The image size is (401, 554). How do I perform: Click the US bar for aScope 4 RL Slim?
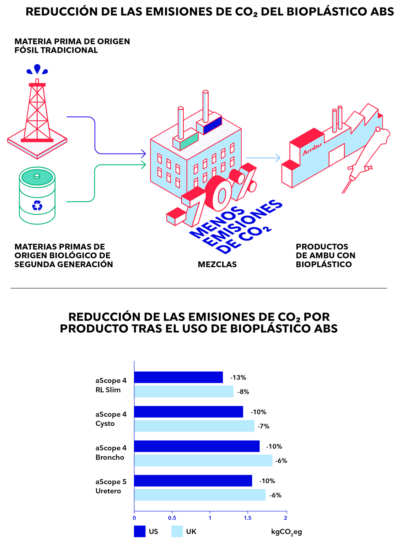pyautogui.click(x=179, y=377)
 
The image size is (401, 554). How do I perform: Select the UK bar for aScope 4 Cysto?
pyautogui.click(x=194, y=426)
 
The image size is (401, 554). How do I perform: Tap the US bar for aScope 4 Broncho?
pyautogui.click(x=197, y=446)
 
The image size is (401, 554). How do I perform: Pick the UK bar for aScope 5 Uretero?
pyautogui.click(x=200, y=495)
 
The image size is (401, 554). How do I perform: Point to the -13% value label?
pyautogui.click(x=238, y=378)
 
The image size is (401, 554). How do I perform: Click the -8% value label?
pyautogui.click(x=243, y=392)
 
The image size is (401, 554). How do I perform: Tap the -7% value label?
pyautogui.click(x=264, y=426)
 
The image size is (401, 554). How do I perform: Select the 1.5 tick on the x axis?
pyautogui.click(x=248, y=518)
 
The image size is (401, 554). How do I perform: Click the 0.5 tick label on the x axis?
pyautogui.click(x=172, y=518)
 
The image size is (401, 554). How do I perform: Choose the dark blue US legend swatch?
pyautogui.click(x=140, y=531)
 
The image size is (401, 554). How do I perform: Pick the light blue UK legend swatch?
pyautogui.click(x=177, y=531)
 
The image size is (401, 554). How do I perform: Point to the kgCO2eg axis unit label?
pyautogui.click(x=286, y=532)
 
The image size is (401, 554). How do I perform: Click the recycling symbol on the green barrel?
pyautogui.click(x=37, y=206)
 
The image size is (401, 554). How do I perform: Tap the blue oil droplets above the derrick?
pyautogui.click(x=37, y=69)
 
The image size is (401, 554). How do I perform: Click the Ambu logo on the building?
pyautogui.click(x=312, y=149)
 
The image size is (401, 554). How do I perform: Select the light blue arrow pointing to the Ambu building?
pyautogui.click(x=263, y=158)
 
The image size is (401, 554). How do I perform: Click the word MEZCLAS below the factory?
pyautogui.click(x=217, y=265)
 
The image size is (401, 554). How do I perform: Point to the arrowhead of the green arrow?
pyautogui.click(x=143, y=164)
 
